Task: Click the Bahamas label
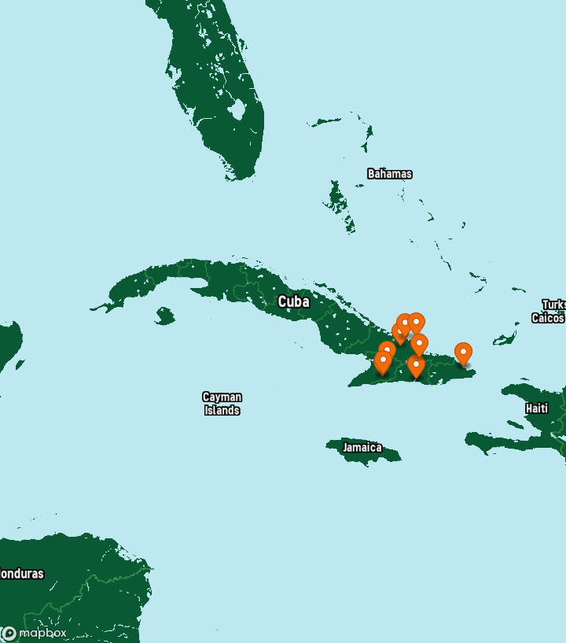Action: point(389,174)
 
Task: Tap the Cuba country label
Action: point(293,302)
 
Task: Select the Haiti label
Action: point(537,408)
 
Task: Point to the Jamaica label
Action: point(362,448)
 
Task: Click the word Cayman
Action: point(222,397)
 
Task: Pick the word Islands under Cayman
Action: point(222,410)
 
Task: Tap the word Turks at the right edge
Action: point(553,305)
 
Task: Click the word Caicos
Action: point(548,318)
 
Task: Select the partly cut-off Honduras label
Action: point(21,574)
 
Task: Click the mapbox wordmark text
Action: point(42,633)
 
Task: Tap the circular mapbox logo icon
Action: point(9,633)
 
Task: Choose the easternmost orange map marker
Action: point(463,353)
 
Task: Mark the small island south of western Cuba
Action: point(164,316)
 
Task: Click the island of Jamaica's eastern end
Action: point(395,455)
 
